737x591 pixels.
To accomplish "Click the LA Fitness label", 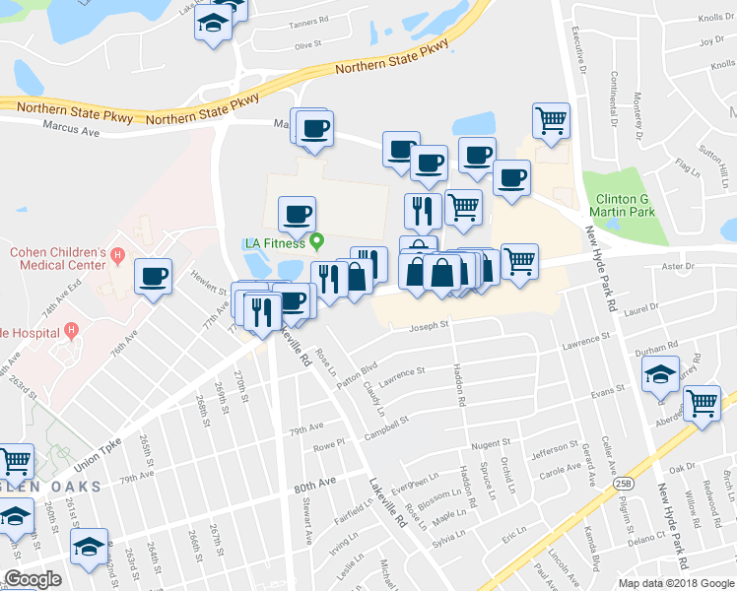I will tap(275, 243).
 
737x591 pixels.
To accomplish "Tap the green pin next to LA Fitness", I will tap(316, 239).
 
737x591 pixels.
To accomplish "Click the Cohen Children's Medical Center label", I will tap(57, 258).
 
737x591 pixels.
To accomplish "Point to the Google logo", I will tap(33, 579).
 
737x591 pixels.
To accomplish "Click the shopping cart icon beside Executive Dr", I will tap(552, 121).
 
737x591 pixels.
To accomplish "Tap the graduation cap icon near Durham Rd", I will tap(660, 375).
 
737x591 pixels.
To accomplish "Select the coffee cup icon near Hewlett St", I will tap(153, 277).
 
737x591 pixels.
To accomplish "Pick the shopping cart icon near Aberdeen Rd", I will tap(702, 403).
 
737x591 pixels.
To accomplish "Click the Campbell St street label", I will tap(386, 427).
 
